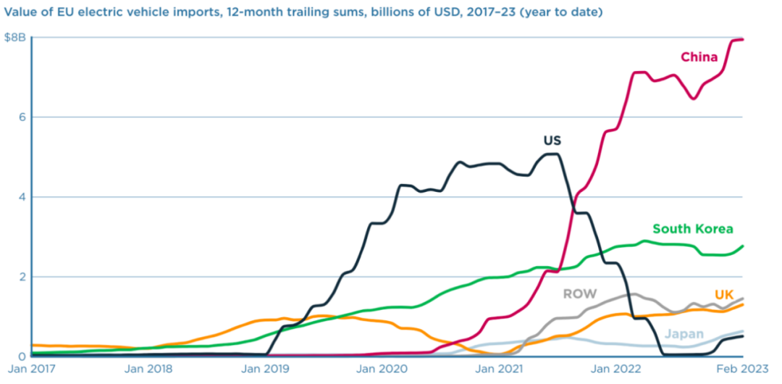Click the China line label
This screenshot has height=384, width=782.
(699, 57)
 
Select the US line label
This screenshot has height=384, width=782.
(552, 140)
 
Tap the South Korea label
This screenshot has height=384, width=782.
(692, 229)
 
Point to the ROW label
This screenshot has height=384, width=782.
(580, 294)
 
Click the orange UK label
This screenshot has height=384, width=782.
(725, 295)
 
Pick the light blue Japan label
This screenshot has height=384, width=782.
(684, 335)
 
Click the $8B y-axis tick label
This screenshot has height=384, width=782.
(15, 38)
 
